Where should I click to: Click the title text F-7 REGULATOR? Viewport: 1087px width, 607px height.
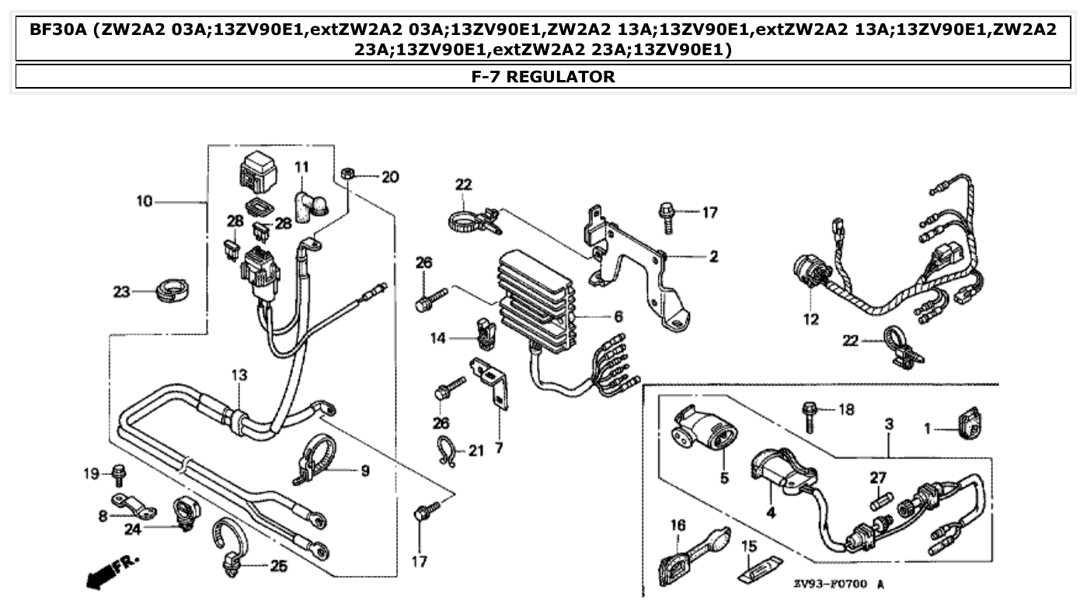click(x=543, y=76)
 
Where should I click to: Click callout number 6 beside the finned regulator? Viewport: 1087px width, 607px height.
click(x=618, y=316)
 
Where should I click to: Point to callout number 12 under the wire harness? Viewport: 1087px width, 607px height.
click(x=811, y=319)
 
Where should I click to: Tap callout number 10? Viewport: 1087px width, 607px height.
click(x=145, y=202)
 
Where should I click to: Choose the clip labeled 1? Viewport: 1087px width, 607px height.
click(x=968, y=424)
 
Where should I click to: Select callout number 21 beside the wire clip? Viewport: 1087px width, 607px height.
click(x=476, y=450)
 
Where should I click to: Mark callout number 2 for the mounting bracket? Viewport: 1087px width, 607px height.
click(x=712, y=255)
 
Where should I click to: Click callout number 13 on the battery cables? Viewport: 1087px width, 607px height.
click(x=239, y=375)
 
